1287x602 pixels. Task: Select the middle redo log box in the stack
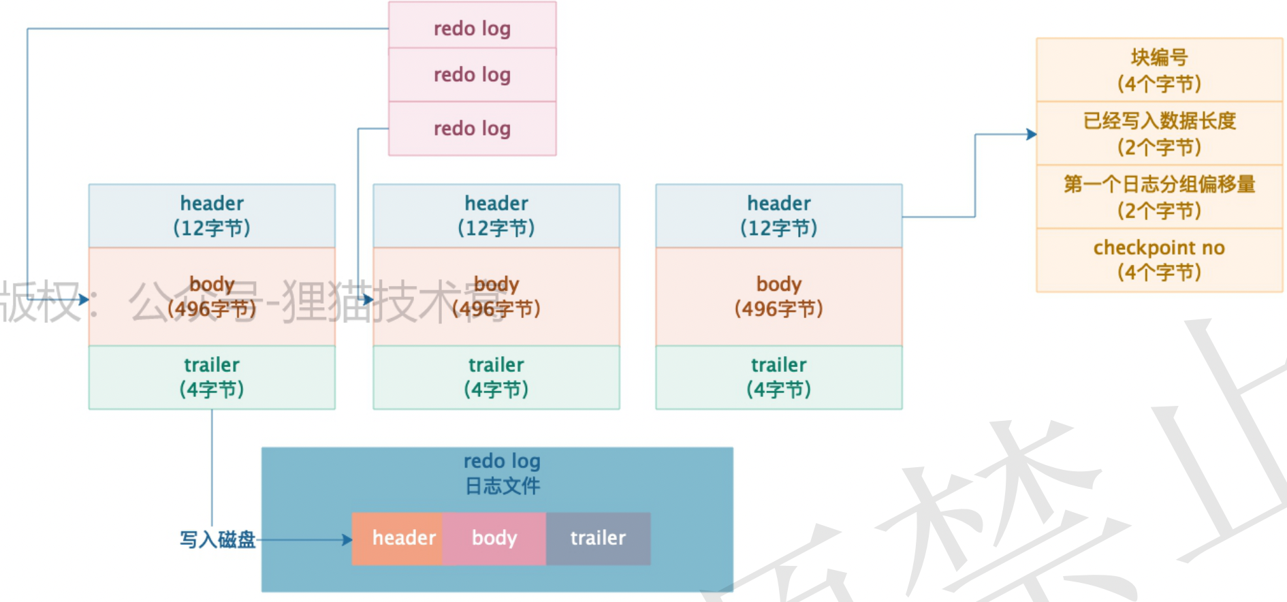(x=472, y=75)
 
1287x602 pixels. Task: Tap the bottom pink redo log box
(x=472, y=129)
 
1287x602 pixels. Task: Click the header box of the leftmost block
(x=212, y=215)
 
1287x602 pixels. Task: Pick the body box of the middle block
(x=496, y=296)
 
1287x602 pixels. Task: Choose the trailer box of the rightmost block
(x=778, y=377)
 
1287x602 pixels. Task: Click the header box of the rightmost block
(x=778, y=215)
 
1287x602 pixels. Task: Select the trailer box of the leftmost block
(x=212, y=377)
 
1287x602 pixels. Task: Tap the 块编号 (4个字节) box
(x=1159, y=70)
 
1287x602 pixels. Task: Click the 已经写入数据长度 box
(x=1159, y=133)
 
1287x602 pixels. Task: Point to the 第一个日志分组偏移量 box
(x=1159, y=197)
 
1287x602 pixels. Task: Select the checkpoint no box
(x=1159, y=260)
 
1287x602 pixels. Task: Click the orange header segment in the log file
(x=398, y=539)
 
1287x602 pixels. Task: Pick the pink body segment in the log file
(x=494, y=539)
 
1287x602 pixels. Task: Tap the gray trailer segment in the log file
(x=598, y=539)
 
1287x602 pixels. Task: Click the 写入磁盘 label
(x=217, y=540)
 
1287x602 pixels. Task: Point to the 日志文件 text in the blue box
(x=503, y=486)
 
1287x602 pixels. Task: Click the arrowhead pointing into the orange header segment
(x=347, y=540)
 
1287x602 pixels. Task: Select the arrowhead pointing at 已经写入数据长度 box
(x=1032, y=135)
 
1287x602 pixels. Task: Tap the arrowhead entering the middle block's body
(x=368, y=299)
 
